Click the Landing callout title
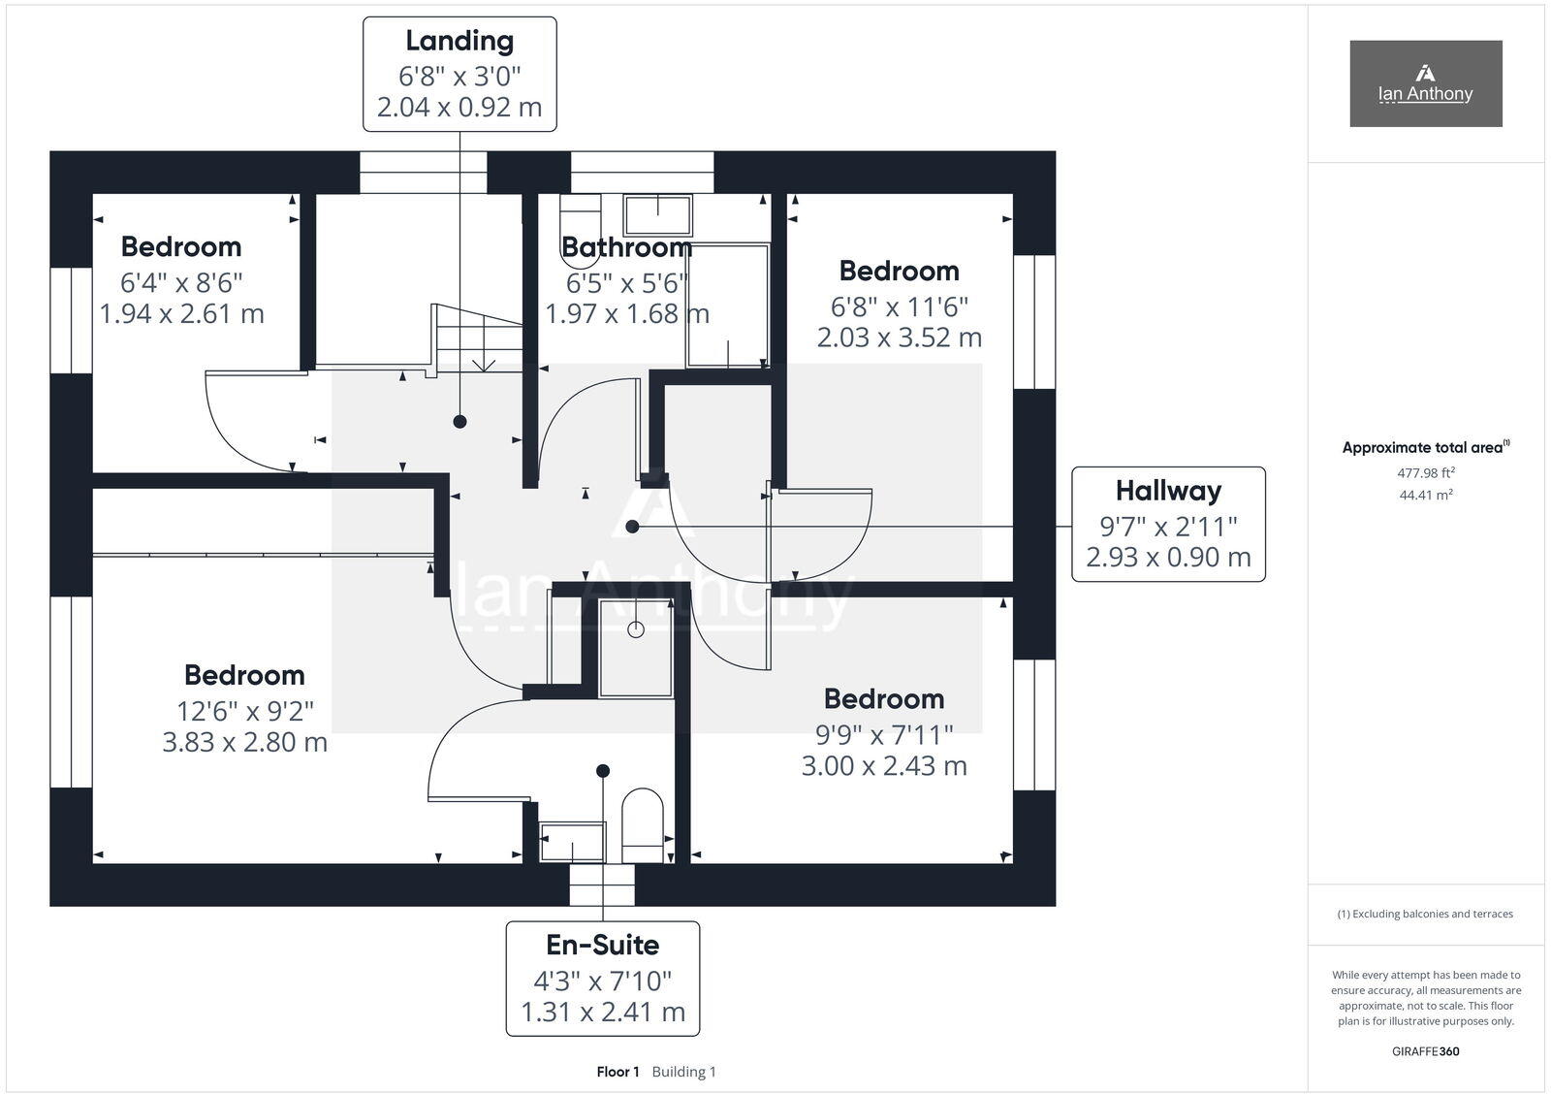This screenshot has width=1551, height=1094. (x=459, y=41)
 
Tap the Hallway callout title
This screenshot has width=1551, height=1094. (x=1168, y=491)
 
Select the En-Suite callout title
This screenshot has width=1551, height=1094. (x=602, y=945)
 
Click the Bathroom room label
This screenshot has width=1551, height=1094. (x=626, y=248)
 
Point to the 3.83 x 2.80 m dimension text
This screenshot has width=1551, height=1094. (x=244, y=743)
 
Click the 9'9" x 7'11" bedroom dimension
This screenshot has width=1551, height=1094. (x=884, y=734)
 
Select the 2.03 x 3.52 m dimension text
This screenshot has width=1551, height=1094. (x=899, y=338)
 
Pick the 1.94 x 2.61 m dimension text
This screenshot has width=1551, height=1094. (x=181, y=314)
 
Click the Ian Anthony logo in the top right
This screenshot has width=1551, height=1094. (x=1425, y=83)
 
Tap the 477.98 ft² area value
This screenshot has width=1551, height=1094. (x=1425, y=473)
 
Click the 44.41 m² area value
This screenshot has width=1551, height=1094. (x=1425, y=495)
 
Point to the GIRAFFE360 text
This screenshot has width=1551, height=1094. (x=1425, y=1051)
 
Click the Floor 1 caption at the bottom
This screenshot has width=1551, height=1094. (x=617, y=1072)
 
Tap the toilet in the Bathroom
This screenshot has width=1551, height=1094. (x=581, y=229)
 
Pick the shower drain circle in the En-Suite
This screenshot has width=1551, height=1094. (x=636, y=629)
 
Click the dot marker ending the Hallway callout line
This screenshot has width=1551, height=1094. (x=632, y=527)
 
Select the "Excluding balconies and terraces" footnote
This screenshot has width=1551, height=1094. (x=1425, y=914)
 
